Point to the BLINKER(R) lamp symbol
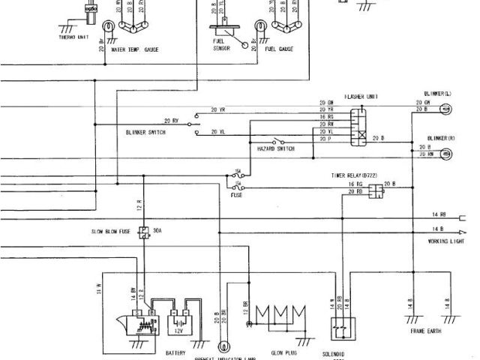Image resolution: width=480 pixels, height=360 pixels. tap(445, 154)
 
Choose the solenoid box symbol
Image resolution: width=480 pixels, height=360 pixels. tap(343, 328)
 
